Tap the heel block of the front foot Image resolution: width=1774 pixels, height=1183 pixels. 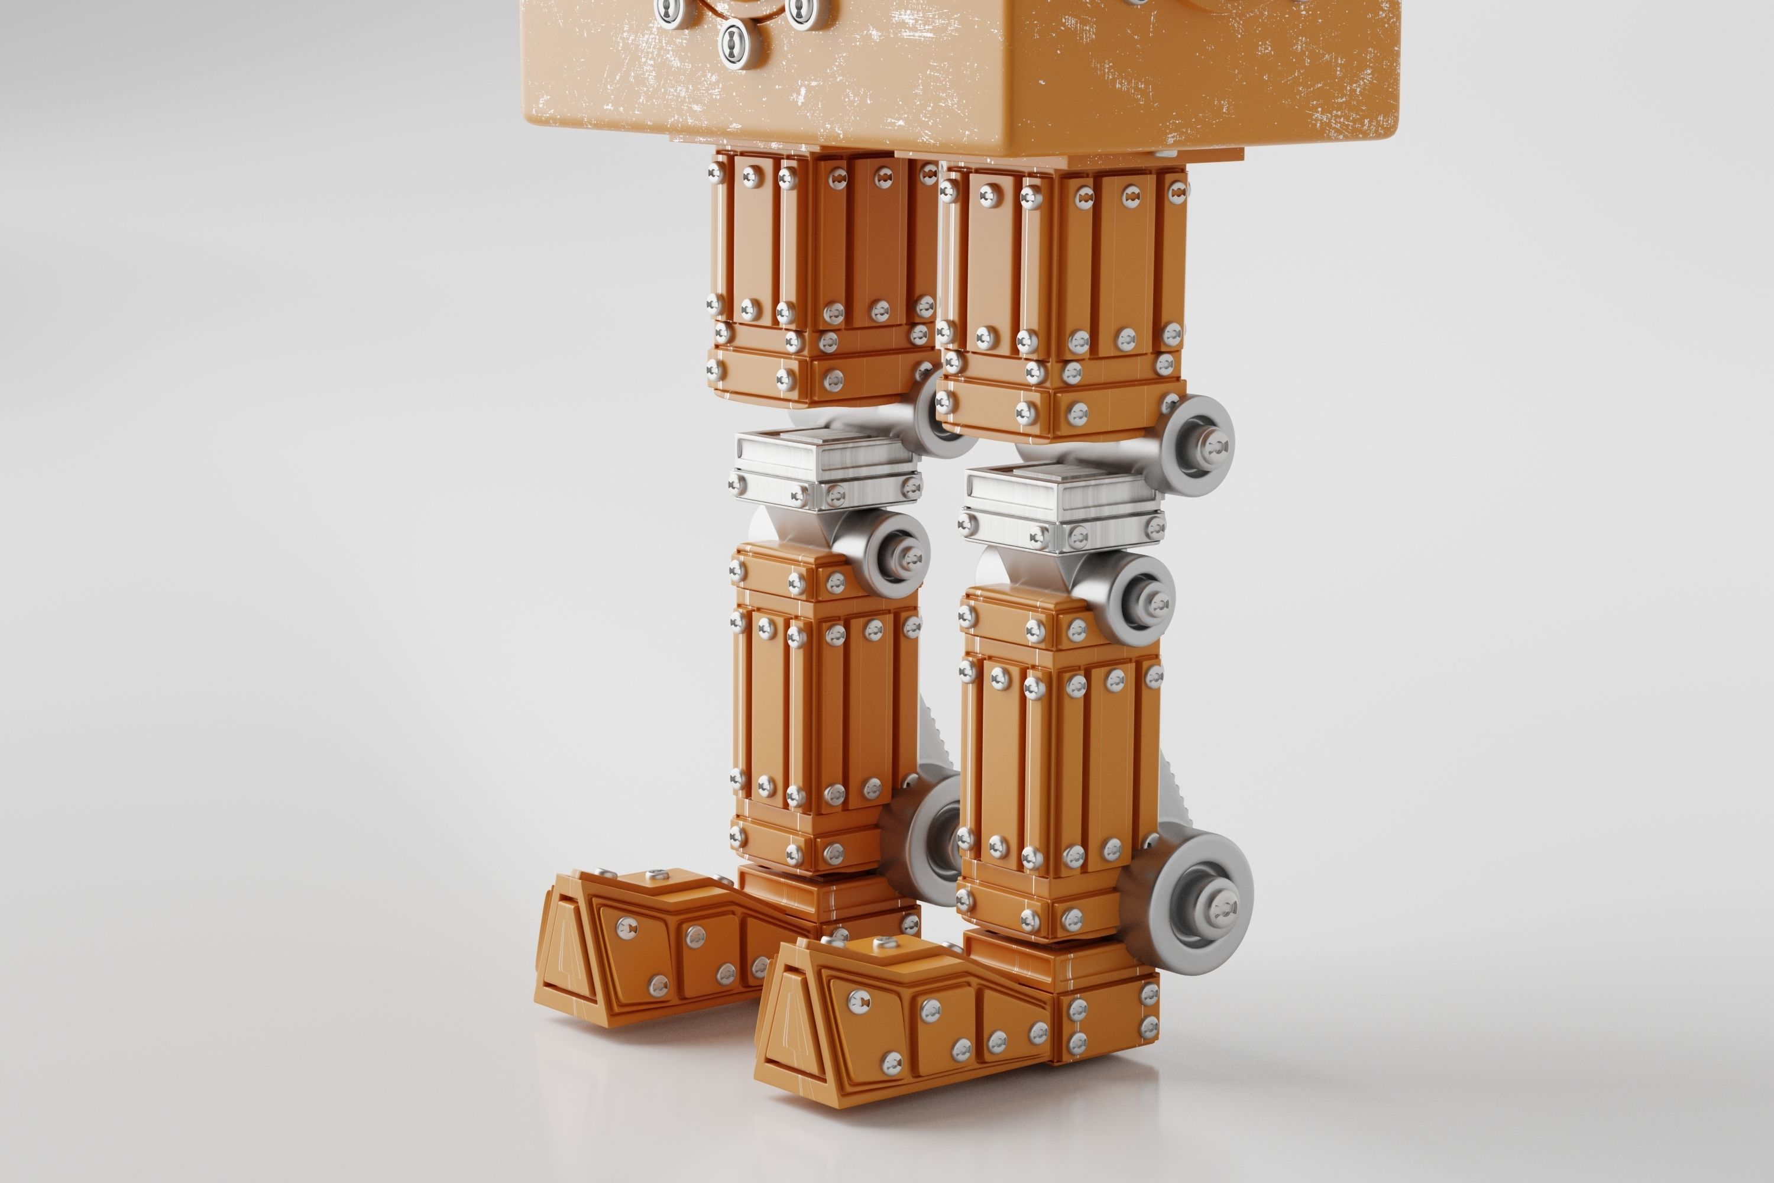1105,1015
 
